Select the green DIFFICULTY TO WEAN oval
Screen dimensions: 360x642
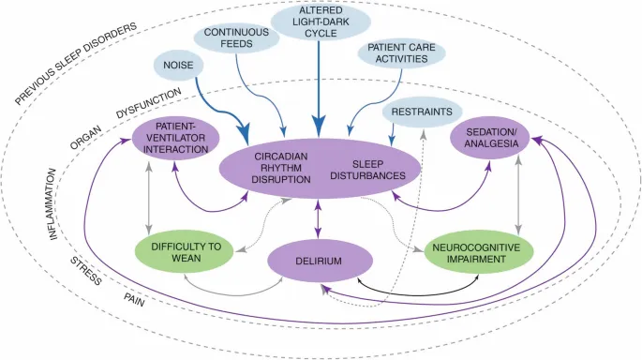[185, 252]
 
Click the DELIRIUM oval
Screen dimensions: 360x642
[316, 262]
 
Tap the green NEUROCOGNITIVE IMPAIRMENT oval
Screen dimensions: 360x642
[478, 252]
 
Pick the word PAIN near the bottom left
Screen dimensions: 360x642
[135, 299]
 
